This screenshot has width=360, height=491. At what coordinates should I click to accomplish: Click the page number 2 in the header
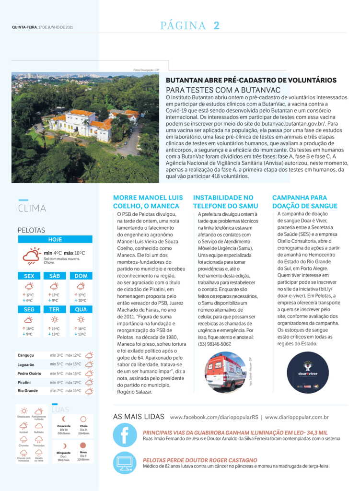click(x=216, y=26)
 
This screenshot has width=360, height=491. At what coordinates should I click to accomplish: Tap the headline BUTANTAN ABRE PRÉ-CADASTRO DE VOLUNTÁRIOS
click(x=251, y=81)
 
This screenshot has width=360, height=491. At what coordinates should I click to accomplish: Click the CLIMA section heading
click(x=32, y=208)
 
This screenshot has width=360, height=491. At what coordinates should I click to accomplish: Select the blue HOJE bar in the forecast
click(x=55, y=239)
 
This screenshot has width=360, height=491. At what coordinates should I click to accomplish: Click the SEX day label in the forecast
click(x=29, y=276)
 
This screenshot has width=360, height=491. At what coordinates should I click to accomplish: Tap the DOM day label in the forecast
click(x=81, y=276)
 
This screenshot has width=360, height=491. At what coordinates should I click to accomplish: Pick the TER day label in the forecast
click(x=55, y=309)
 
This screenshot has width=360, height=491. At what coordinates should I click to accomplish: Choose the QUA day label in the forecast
click(x=81, y=309)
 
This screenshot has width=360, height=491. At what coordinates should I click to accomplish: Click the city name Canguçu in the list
click(x=25, y=355)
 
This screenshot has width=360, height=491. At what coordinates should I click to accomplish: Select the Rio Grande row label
click(x=27, y=391)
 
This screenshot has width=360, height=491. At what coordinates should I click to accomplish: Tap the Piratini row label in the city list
click(x=24, y=382)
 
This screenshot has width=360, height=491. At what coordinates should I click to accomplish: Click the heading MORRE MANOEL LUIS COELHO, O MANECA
click(x=148, y=202)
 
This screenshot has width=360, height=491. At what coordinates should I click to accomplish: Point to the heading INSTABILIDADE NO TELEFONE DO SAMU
click(x=223, y=202)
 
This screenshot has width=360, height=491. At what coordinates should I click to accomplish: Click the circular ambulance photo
click(x=225, y=372)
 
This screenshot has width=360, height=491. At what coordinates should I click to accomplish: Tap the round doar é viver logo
click(x=308, y=372)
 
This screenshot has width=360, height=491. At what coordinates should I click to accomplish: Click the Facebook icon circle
click(x=125, y=435)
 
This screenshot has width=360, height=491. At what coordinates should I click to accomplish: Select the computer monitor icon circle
click(x=125, y=463)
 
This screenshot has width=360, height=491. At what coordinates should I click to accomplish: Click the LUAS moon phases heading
click(x=60, y=409)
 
